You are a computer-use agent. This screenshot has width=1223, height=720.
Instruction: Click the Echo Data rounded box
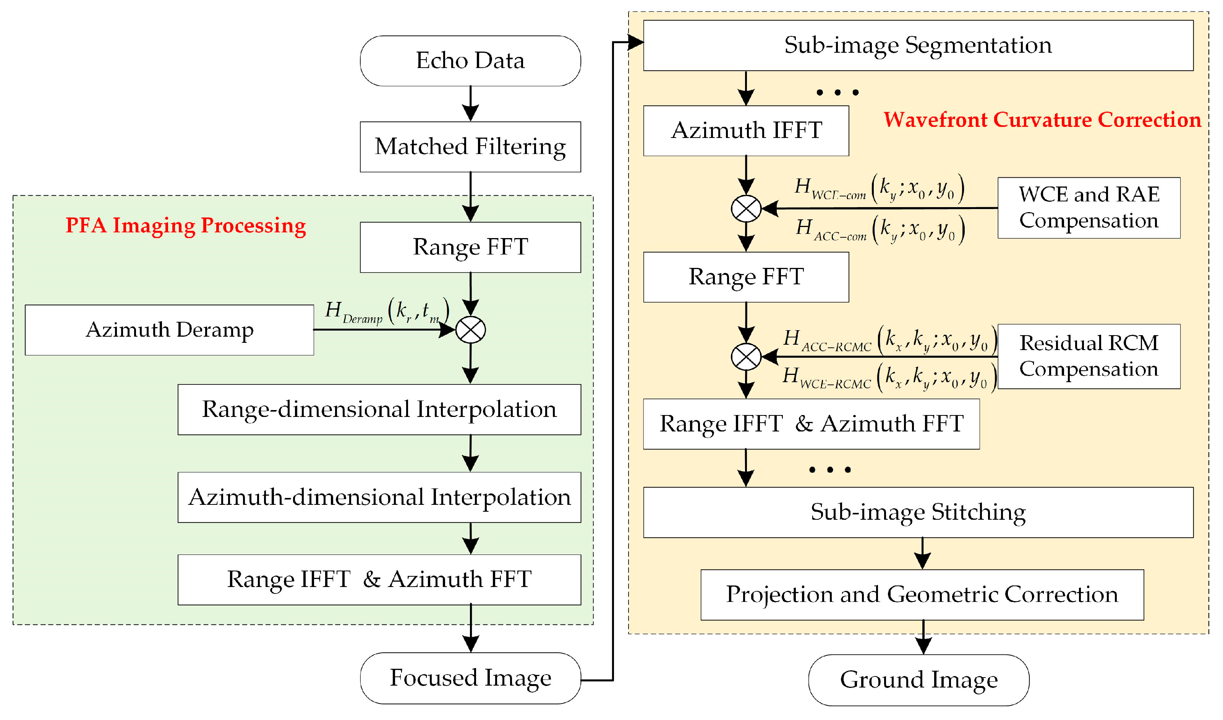[x=470, y=61]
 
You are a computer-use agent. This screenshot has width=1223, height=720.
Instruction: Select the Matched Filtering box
[x=470, y=147]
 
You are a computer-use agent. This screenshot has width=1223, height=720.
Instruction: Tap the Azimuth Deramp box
[x=169, y=330]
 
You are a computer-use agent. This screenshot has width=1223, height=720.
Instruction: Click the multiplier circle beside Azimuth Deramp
[x=470, y=330]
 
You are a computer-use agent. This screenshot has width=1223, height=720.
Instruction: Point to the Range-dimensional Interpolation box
[x=379, y=409]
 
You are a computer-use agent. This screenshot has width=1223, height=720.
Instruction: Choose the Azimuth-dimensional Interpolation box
[x=379, y=497]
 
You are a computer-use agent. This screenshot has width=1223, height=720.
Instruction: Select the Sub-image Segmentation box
[x=918, y=45]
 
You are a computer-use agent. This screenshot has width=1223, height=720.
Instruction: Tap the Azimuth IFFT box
[x=745, y=131]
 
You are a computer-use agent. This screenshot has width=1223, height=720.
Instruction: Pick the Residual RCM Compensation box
[x=1089, y=356]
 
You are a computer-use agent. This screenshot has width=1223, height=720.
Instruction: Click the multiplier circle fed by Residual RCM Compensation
[x=745, y=357]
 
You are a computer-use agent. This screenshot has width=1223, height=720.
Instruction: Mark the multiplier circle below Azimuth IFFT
[x=745, y=208]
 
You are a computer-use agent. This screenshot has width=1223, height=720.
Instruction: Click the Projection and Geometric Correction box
[x=922, y=594]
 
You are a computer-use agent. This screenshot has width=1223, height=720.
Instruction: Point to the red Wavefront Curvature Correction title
[x=1042, y=120]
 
